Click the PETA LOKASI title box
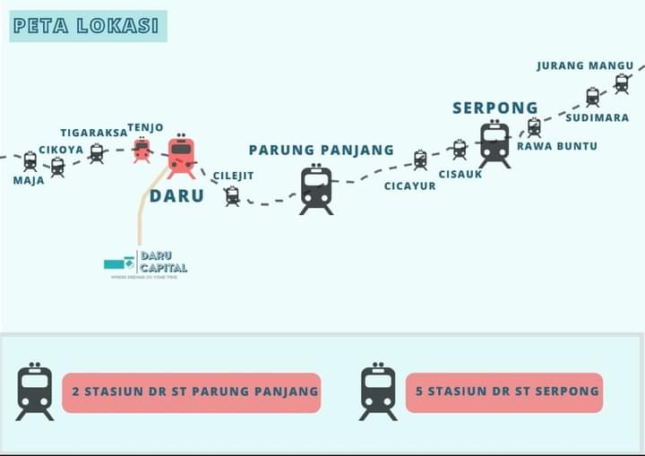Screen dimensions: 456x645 point(88,26)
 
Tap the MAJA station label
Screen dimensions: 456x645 point(29,180)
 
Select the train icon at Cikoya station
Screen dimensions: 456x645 point(58,167)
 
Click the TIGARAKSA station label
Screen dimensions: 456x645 point(94,133)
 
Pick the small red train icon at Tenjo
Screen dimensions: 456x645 point(142,150)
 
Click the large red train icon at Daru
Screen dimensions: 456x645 point(181,157)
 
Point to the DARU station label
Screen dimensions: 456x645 point(176,195)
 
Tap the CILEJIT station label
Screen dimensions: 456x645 point(233,176)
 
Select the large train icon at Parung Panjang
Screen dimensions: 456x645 point(316,189)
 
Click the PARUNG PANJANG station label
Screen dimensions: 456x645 point(321,150)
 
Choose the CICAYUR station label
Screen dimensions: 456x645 point(410,186)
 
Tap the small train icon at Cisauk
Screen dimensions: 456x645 point(460,149)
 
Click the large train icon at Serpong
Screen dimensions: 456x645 point(494,144)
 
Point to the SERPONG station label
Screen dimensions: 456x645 point(494,108)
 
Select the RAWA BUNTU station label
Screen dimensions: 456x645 point(556,146)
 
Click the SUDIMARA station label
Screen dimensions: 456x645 point(598,117)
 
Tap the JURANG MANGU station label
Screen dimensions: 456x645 point(585,65)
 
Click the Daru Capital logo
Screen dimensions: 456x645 point(146,263)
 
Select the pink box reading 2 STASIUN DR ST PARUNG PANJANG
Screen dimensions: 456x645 point(192,392)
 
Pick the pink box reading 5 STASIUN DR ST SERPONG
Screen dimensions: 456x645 point(503,392)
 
